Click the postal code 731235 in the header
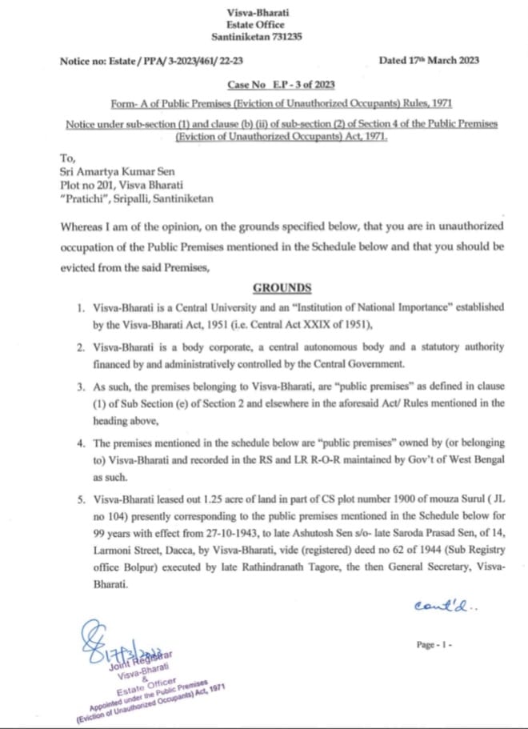[x=282, y=37]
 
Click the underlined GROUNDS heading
[x=282, y=287]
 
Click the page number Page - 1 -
[x=436, y=644]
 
